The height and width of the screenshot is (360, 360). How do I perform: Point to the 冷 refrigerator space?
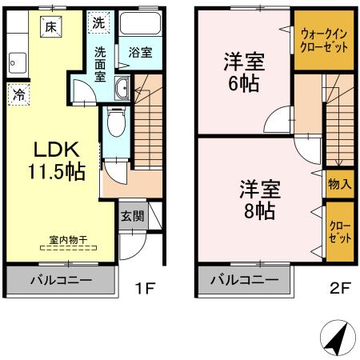click(x=18, y=94)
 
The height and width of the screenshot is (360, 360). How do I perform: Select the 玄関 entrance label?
click(x=132, y=215)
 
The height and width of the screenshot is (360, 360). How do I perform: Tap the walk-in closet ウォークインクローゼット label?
click(x=324, y=40)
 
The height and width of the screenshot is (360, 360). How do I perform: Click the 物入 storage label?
click(x=339, y=184)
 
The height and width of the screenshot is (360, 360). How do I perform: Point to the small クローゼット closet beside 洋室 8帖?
click(x=339, y=231)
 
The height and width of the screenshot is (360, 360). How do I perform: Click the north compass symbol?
click(x=336, y=339)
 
